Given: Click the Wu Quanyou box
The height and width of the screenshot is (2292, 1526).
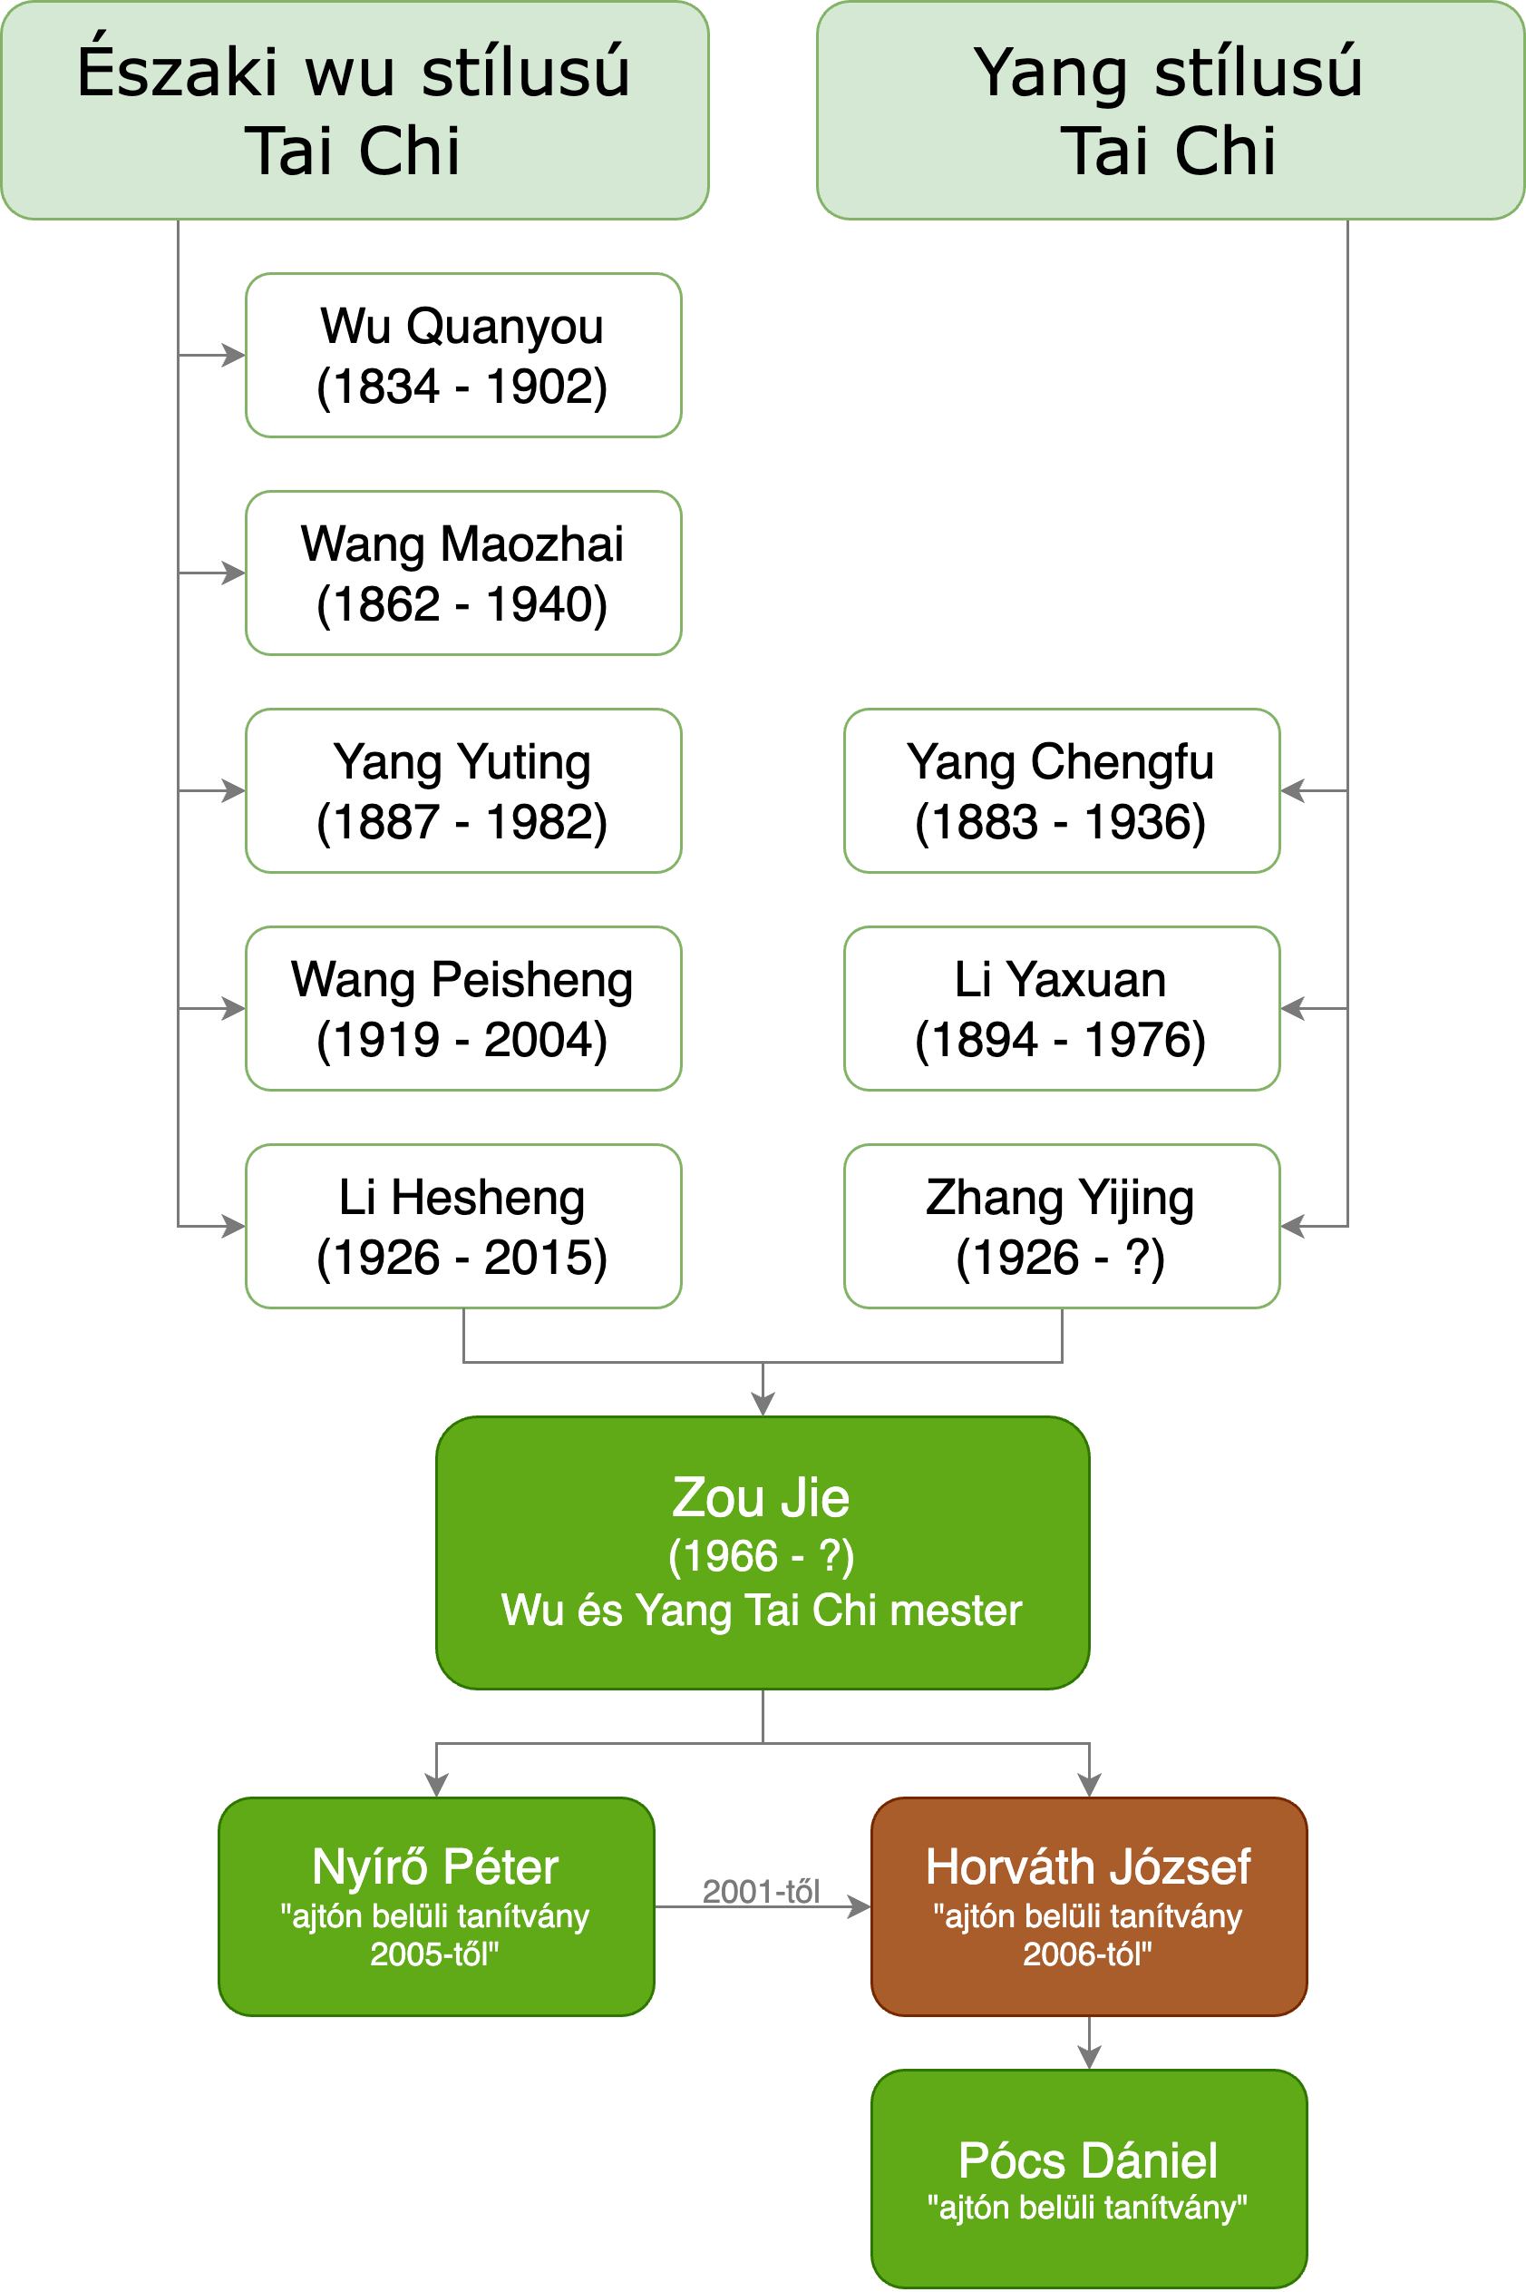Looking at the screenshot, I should pyautogui.click(x=463, y=356).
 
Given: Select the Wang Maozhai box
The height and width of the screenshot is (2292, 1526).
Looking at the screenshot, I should pyautogui.click(x=463, y=573).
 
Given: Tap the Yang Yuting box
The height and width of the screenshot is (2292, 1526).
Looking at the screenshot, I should pyautogui.click(x=463, y=790).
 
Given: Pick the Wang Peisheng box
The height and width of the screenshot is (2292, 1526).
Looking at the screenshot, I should pyautogui.click(x=463, y=1009).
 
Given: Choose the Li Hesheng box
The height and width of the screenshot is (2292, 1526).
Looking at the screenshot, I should pyautogui.click(x=463, y=1226).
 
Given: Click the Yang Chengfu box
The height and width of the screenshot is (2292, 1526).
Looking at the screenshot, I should pyautogui.click(x=1062, y=790).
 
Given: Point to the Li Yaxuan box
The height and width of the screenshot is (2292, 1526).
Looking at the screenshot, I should pyautogui.click(x=1062, y=1009).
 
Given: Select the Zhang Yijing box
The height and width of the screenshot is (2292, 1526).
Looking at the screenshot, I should pyautogui.click(x=1062, y=1226).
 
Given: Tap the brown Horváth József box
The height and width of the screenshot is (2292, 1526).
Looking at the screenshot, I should pyautogui.click(x=1089, y=1906).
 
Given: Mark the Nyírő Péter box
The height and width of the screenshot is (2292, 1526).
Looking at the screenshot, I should pyautogui.click(x=436, y=1906).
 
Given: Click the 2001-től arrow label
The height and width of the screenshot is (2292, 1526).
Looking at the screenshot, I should pyautogui.click(x=761, y=1891).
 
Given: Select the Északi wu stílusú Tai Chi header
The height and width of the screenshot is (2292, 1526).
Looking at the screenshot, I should pyautogui.click(x=355, y=110).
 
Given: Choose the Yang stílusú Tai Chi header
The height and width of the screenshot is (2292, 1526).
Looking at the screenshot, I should pyautogui.click(x=1170, y=110).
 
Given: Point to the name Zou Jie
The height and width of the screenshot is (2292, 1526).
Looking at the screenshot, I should pyautogui.click(x=761, y=1497).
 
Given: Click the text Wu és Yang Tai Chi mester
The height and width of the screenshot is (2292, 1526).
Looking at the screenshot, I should pyautogui.click(x=761, y=1611).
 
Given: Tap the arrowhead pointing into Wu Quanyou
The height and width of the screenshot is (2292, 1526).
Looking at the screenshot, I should pyautogui.click(x=235, y=356).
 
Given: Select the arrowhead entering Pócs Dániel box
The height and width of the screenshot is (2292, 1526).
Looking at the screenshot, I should pyautogui.click(x=1089, y=2057).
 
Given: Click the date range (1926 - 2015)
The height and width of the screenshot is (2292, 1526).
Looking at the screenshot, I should pyautogui.click(x=462, y=1257).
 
